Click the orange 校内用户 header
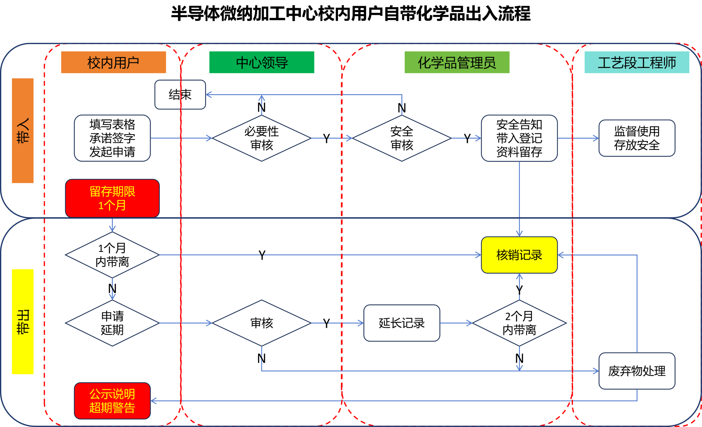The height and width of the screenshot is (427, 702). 113,62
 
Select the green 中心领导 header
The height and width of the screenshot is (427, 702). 262,62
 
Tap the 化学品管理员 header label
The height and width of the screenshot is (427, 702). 457,62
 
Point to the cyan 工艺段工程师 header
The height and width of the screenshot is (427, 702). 637,62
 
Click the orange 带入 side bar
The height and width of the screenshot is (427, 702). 23,130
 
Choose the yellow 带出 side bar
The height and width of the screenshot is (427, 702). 23,321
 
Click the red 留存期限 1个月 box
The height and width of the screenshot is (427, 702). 112,198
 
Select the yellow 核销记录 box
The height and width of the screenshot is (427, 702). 519,255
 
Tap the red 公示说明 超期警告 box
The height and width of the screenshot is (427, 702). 112,401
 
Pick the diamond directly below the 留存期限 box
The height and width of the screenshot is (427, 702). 112,255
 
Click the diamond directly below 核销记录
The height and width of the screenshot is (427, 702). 519,323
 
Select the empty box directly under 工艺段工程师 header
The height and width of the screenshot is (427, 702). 637,138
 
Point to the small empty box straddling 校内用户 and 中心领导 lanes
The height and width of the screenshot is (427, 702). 180,95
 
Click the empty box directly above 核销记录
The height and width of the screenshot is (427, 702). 519,138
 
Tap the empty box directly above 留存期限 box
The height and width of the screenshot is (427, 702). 112,138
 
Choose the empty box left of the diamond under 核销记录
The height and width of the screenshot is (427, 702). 402,323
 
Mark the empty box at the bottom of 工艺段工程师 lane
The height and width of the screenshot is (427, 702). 637,371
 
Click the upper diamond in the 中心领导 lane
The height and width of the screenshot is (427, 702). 262,138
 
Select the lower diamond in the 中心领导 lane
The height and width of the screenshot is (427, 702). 262,323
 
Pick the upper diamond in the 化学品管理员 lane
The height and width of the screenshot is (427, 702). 402,138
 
